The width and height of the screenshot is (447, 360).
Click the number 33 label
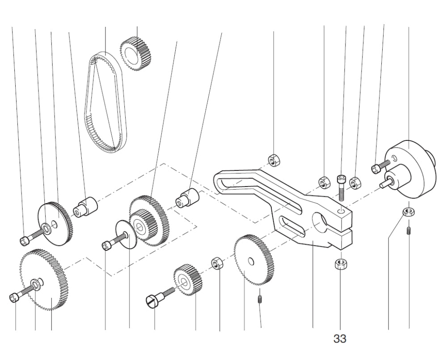click(x=340, y=339)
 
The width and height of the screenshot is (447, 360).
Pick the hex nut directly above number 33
click(x=340, y=264)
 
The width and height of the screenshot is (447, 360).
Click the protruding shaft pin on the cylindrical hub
click(x=384, y=182)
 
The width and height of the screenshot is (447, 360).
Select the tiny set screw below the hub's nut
click(x=409, y=231)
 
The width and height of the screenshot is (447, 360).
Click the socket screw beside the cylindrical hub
click(x=377, y=168)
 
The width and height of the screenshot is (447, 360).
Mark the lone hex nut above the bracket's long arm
click(x=274, y=159)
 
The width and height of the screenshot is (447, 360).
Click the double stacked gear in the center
click(x=148, y=219)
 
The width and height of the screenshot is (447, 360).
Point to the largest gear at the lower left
click(x=45, y=280)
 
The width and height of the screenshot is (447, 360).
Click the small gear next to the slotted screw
click(x=188, y=280)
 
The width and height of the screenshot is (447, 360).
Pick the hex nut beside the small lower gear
click(x=217, y=263)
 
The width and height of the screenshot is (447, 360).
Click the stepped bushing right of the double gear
click(x=188, y=198)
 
